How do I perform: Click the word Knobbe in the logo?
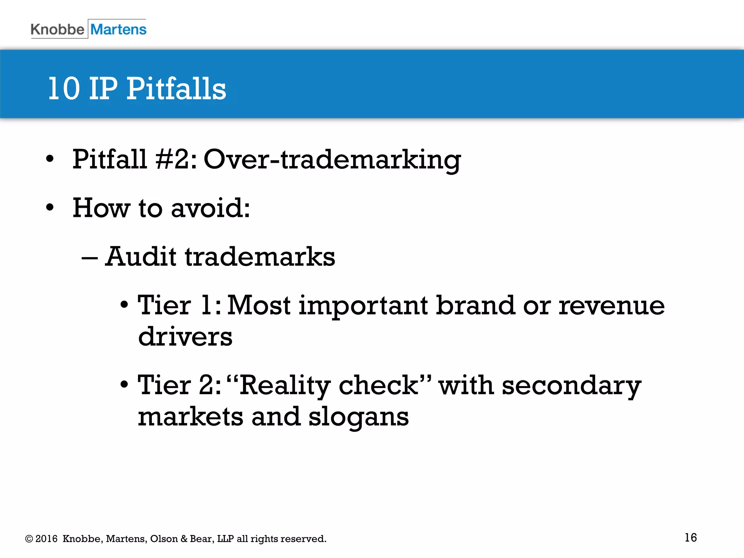57,29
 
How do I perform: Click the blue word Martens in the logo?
118,29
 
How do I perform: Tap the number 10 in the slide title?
64,89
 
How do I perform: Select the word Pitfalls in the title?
176,89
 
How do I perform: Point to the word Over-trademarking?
332,160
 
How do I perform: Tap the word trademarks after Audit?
260,257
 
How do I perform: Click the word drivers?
185,337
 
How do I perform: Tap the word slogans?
359,417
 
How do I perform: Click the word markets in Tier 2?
190,417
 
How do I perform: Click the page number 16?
691,538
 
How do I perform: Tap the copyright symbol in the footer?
29,539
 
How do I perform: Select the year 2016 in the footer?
46,539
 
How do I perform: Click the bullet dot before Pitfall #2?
50,159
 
